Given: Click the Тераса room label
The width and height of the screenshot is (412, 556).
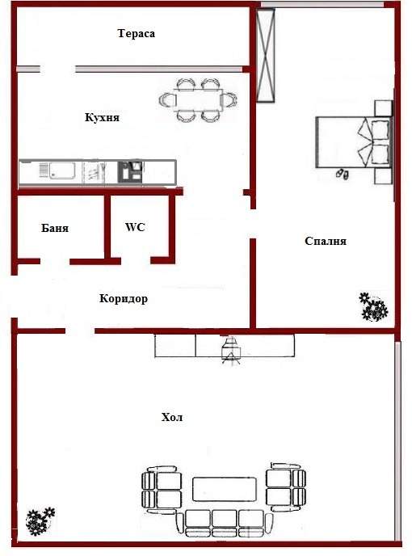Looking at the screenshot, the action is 137,34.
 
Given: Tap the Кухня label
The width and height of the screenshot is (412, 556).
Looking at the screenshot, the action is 102,117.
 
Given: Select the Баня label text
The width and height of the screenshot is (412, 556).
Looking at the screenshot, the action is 55,228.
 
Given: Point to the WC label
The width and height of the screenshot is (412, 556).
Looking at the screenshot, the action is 135,227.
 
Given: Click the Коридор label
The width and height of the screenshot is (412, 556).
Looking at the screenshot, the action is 124,298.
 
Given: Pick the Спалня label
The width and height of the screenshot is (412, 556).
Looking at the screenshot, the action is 326,241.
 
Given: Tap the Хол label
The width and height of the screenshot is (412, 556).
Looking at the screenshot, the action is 172,417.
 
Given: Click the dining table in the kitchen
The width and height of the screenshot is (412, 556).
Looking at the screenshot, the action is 198,100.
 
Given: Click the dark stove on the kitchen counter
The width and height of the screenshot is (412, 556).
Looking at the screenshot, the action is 130,171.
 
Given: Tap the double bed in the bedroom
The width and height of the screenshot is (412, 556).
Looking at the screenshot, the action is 354,142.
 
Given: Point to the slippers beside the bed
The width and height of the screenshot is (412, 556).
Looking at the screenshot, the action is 343,174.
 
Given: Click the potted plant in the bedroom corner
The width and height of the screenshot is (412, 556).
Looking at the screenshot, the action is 373,307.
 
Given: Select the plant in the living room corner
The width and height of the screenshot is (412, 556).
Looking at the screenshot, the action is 40,521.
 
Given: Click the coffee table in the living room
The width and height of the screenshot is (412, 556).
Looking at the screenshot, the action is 225,489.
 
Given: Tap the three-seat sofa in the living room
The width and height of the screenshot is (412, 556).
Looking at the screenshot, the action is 225,524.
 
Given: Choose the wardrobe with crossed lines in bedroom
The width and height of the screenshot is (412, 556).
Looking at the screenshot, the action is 266,56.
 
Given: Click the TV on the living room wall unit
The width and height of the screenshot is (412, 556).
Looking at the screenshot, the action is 231,351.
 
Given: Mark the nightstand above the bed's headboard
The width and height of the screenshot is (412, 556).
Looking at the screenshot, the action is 383,108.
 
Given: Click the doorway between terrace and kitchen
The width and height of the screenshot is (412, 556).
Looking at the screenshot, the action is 57,69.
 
